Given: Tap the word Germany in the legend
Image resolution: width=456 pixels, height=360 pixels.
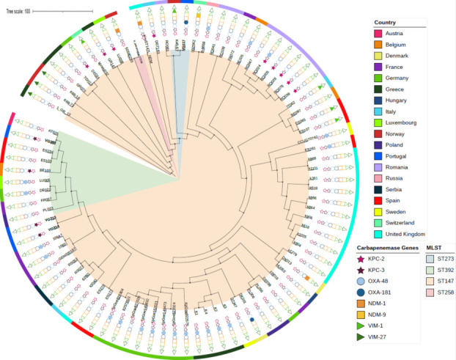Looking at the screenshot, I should click(x=400, y=78).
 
